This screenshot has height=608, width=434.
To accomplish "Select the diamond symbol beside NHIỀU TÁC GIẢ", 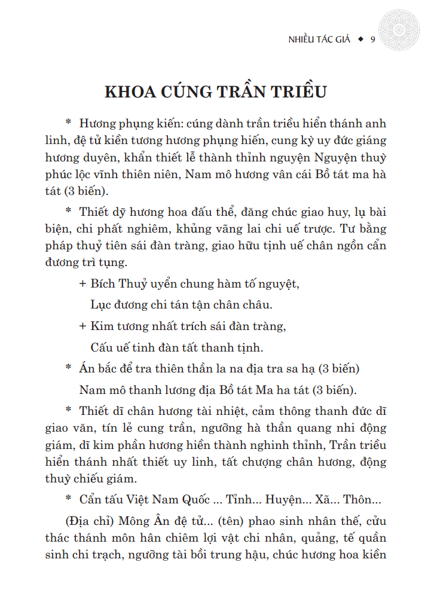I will tap(360, 40).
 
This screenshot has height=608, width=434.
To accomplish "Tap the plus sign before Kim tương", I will tap(82, 326).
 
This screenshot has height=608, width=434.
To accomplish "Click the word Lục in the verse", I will tap(100, 305).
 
